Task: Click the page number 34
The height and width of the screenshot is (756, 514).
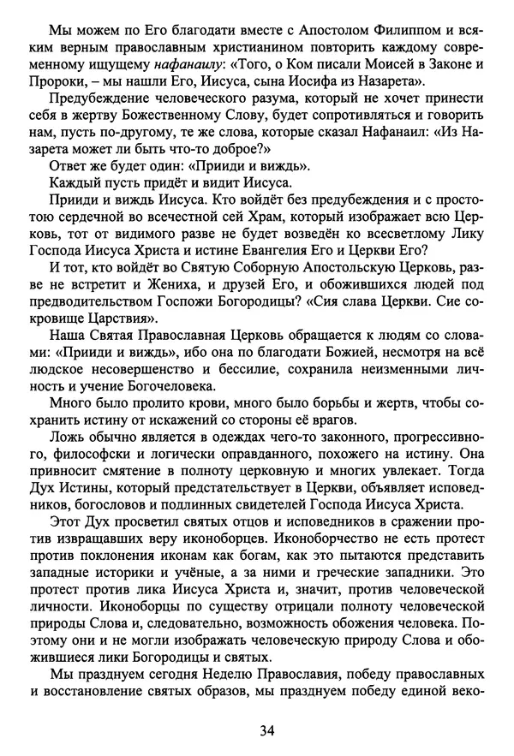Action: tap(266, 730)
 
